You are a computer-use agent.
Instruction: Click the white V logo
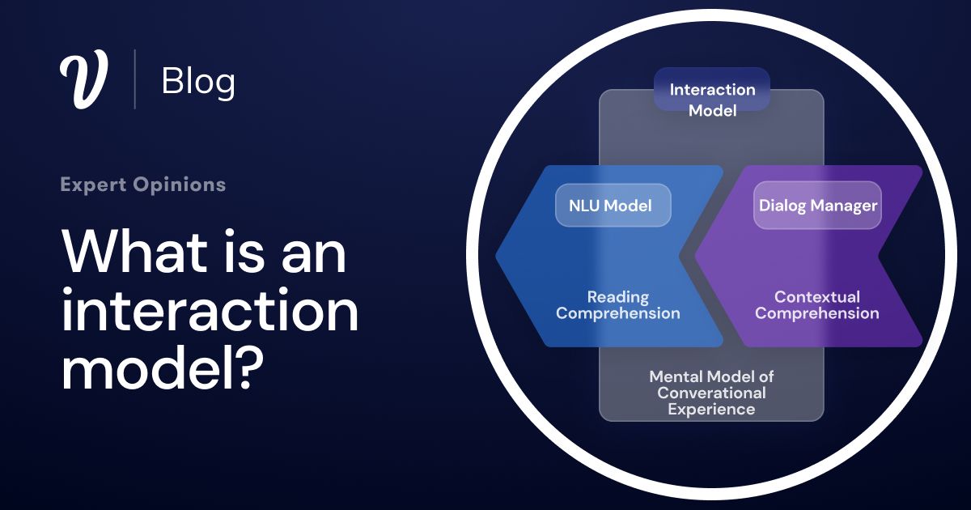tap(83, 79)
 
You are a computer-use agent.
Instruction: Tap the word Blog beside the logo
tap(198, 81)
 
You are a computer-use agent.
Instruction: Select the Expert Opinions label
tap(143, 185)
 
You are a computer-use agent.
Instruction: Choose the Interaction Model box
tap(712, 100)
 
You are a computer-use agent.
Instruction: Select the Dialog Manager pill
tap(817, 206)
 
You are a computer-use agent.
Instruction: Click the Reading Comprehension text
tap(618, 305)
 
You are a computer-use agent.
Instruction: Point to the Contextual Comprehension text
tap(817, 305)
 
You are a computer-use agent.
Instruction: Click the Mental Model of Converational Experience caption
tap(711, 393)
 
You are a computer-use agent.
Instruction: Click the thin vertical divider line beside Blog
tap(134, 79)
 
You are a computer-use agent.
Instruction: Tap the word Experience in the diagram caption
tap(711, 410)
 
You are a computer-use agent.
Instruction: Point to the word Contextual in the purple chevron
tap(817, 297)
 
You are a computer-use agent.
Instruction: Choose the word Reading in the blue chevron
tap(618, 297)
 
